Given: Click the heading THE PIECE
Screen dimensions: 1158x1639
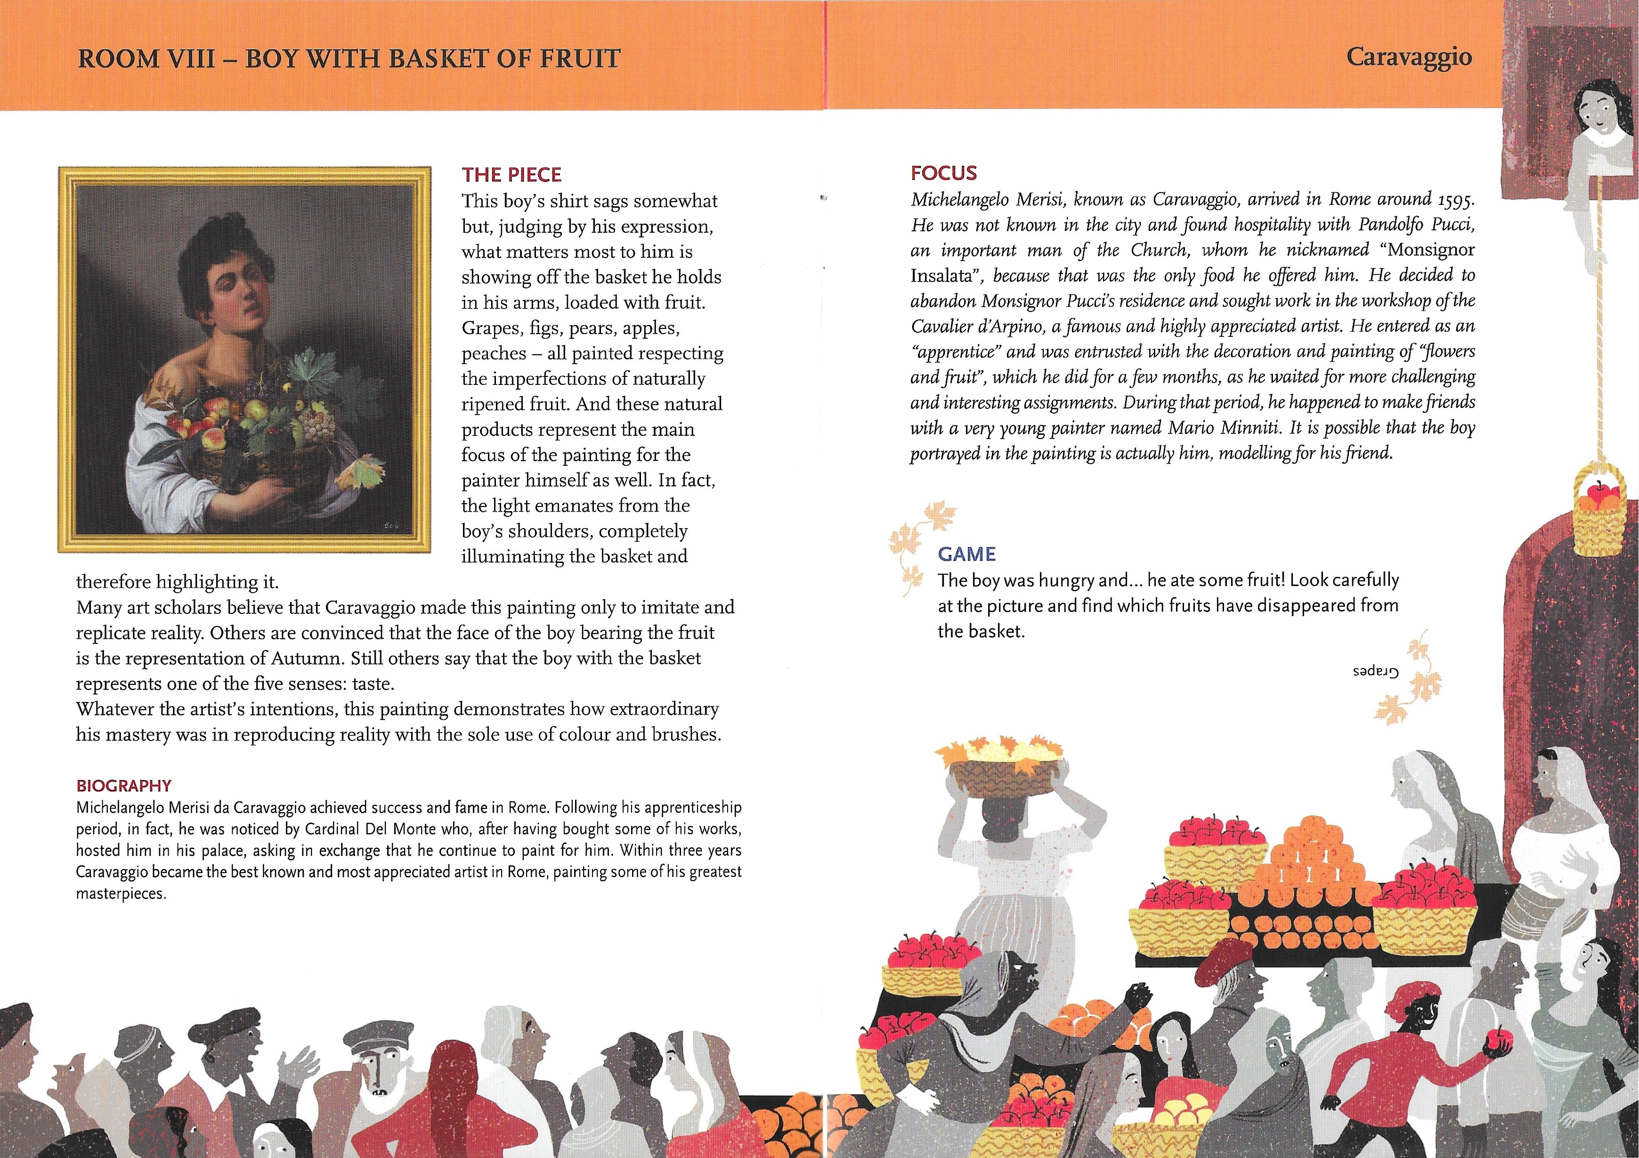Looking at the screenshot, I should click(x=511, y=175).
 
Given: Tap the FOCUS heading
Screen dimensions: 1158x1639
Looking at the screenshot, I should click(x=944, y=173).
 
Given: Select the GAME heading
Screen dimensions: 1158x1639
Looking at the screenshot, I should click(x=966, y=554).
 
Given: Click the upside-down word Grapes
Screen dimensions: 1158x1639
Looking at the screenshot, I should click(x=1375, y=673).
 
